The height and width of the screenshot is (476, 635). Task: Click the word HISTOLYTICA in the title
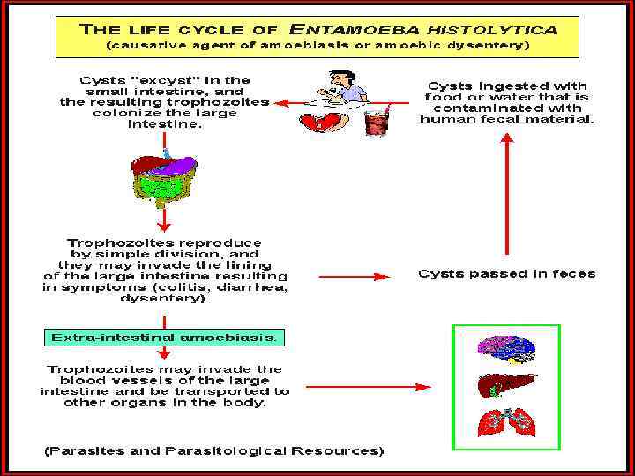(499, 28)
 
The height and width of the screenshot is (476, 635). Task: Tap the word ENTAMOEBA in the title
(388, 28)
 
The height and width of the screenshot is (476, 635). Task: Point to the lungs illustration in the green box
(506, 422)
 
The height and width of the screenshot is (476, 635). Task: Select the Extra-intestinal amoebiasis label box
(164, 338)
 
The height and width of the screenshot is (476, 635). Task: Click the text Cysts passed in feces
(506, 274)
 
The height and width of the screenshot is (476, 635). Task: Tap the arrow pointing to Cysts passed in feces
(353, 276)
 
